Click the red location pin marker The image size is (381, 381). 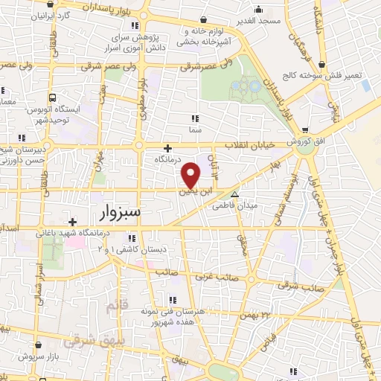tap(191, 175)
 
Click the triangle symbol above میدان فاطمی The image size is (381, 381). tap(235, 195)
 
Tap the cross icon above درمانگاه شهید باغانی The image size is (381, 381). tap(72, 222)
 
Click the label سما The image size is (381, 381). tap(196, 129)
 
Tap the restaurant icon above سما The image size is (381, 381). tap(195, 118)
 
